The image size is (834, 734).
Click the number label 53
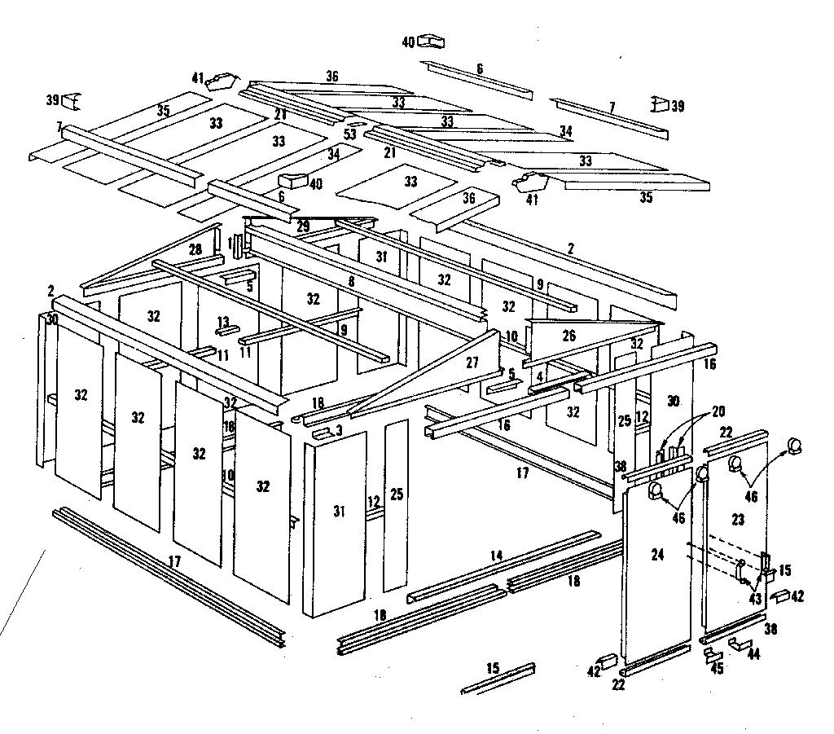coord(349,134)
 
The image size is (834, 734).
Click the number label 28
coord(195,248)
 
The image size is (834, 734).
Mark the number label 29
coord(303,226)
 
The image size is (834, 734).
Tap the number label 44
coord(753,654)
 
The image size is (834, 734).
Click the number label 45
coord(718,669)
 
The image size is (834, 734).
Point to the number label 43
coord(757,599)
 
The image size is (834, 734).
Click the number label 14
coord(497,556)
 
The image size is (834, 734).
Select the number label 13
coord(223,320)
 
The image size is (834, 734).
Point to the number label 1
coord(230,242)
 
